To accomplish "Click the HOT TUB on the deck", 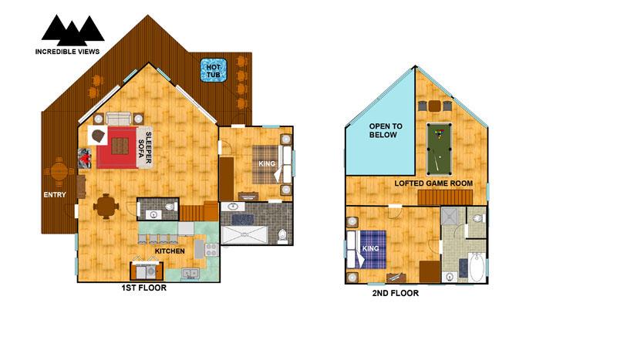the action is (x=214, y=70).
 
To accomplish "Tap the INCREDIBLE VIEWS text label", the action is (x=67, y=52).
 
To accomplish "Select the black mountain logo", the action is (x=72, y=30).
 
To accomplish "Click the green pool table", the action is (x=439, y=149).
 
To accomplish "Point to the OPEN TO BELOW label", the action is (x=386, y=130).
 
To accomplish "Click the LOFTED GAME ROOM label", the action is (x=433, y=183).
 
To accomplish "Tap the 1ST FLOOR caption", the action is (x=143, y=288).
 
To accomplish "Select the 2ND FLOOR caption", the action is (x=396, y=293).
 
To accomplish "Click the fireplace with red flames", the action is (x=84, y=158).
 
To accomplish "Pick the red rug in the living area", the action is (x=117, y=147).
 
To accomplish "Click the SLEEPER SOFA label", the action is (x=145, y=147).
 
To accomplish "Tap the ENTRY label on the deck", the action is (x=55, y=195).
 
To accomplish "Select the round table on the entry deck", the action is (x=59, y=172).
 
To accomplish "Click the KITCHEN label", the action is (x=170, y=251).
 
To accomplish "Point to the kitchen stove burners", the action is (x=211, y=250).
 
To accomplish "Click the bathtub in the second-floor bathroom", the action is (x=477, y=267).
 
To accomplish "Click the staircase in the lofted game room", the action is (x=445, y=197).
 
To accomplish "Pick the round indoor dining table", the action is (x=106, y=206).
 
